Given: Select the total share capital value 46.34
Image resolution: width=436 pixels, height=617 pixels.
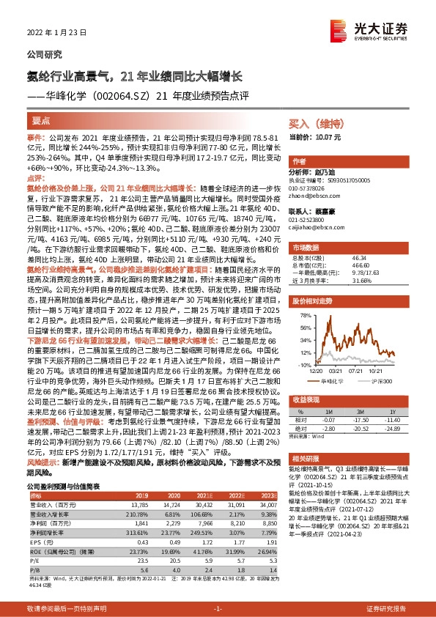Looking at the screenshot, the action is (360, 258).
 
